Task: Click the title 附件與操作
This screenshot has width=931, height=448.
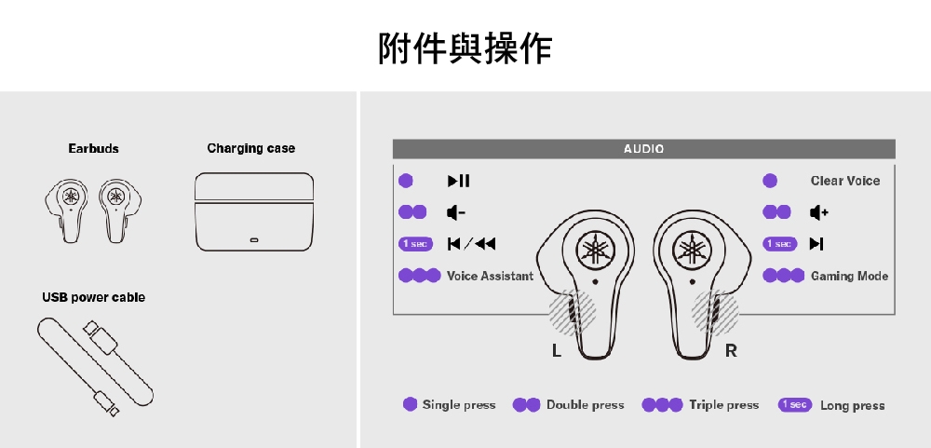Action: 465,48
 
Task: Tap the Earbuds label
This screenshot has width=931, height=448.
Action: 93,148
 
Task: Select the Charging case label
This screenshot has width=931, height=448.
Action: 250,148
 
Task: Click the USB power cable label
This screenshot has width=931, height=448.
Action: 93,297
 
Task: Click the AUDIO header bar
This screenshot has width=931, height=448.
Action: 643,149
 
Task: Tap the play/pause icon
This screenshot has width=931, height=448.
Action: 458,181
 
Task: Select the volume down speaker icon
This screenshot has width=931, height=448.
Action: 455,212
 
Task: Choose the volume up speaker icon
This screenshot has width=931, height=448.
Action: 818,212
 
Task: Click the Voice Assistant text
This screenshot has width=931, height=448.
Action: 490,276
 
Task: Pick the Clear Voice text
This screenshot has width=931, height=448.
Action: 844,181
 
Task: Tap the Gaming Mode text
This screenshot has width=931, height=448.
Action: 849,276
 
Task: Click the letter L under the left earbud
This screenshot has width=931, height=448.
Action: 556,351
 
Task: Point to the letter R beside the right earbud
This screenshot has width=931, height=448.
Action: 731,351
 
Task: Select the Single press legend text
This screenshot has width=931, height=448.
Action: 459,405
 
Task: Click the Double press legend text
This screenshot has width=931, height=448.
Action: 585,405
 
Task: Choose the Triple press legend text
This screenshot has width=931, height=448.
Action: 723,405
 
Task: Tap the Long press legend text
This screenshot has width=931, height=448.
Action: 852,405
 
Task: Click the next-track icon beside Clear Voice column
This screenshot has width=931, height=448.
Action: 816,244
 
